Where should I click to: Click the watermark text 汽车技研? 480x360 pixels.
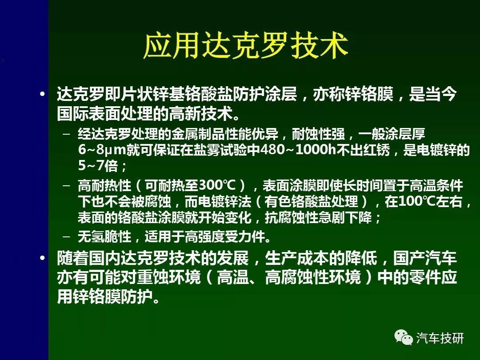440,338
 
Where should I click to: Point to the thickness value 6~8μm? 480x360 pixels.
102,150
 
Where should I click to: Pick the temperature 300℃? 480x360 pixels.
217,185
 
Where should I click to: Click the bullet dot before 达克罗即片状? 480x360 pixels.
43,94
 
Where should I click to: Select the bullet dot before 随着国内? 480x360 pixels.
43,258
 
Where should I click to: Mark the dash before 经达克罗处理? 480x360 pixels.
66,134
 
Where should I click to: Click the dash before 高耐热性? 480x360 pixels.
66,185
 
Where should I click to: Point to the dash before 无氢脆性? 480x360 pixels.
66,236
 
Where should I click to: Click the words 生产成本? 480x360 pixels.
296,258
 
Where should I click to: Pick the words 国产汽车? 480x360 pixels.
425,258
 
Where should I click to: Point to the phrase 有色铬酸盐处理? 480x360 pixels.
311,201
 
